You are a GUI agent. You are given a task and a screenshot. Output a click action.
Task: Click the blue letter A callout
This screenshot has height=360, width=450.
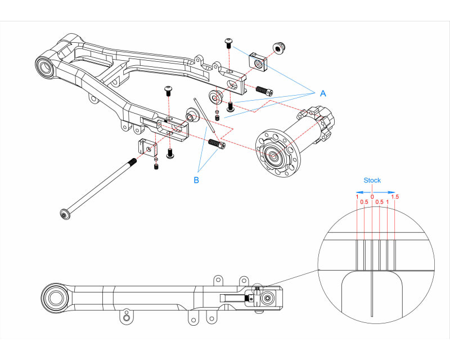[x=322, y=94]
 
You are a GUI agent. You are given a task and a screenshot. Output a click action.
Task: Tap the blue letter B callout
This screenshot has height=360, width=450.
[x=196, y=180]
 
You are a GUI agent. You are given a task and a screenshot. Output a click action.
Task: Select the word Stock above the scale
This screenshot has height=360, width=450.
[x=372, y=181]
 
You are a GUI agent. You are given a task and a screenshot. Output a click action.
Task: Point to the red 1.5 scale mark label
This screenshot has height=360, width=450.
[x=395, y=196]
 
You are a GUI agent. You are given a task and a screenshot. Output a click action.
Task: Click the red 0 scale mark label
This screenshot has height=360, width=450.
[x=372, y=196]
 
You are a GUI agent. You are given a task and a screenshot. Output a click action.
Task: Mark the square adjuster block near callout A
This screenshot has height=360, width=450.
[x=259, y=62]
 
